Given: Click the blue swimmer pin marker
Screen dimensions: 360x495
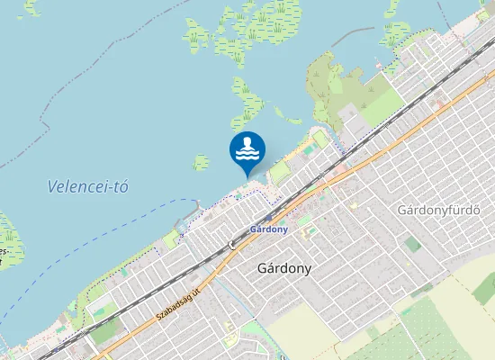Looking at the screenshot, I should [247, 150].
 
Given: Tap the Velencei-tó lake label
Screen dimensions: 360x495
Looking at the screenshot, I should [88, 186].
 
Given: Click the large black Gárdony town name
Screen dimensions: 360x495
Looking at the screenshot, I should [284, 267].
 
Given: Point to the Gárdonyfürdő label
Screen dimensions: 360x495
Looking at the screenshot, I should [439, 210].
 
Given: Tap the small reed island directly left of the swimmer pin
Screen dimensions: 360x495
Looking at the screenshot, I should [201, 162].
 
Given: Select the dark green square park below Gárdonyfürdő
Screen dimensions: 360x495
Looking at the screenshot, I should [413, 244].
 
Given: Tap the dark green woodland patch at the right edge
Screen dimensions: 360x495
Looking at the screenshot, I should [486, 288].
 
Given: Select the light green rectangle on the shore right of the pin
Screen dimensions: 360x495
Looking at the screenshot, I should [282, 171].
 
